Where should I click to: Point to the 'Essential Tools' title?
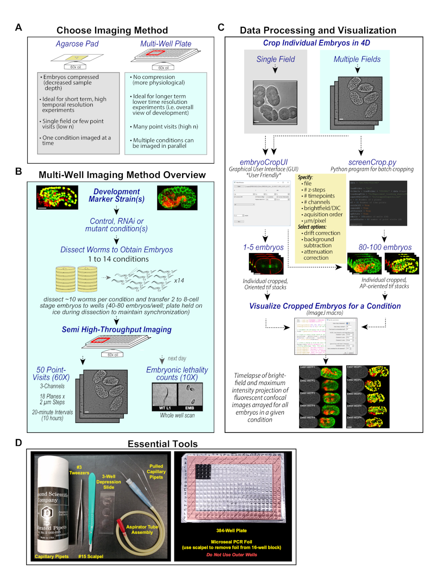(x=162, y=443)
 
